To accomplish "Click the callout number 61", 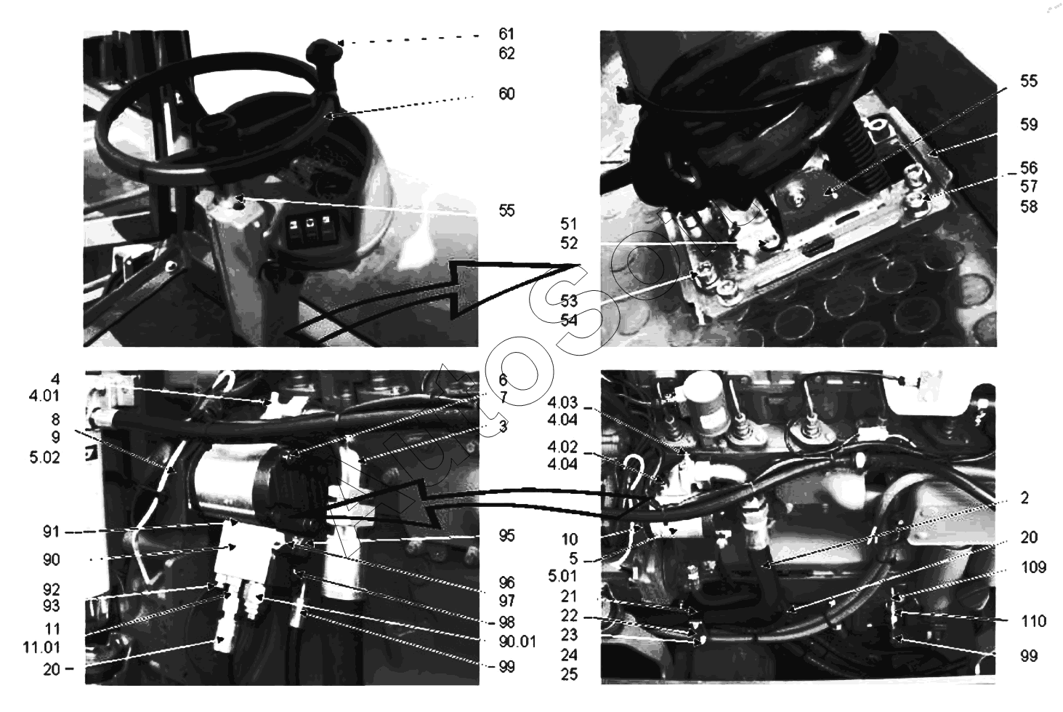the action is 506,33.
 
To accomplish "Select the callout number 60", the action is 506,94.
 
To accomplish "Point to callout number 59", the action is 1029,124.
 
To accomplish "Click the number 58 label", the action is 1029,207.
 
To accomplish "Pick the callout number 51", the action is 568,224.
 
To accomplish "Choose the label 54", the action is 568,320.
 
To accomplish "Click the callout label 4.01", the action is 44,396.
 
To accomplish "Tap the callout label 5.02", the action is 44,457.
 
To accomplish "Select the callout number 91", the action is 52,532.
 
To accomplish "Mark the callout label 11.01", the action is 41,647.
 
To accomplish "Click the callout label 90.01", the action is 517,641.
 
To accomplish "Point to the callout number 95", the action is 506,535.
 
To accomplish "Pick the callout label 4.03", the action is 562,403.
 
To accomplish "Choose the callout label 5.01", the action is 562,576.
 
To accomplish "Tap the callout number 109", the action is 1033,567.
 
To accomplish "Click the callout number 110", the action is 1033,621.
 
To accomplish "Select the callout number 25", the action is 569,674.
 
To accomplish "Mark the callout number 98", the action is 506,622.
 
